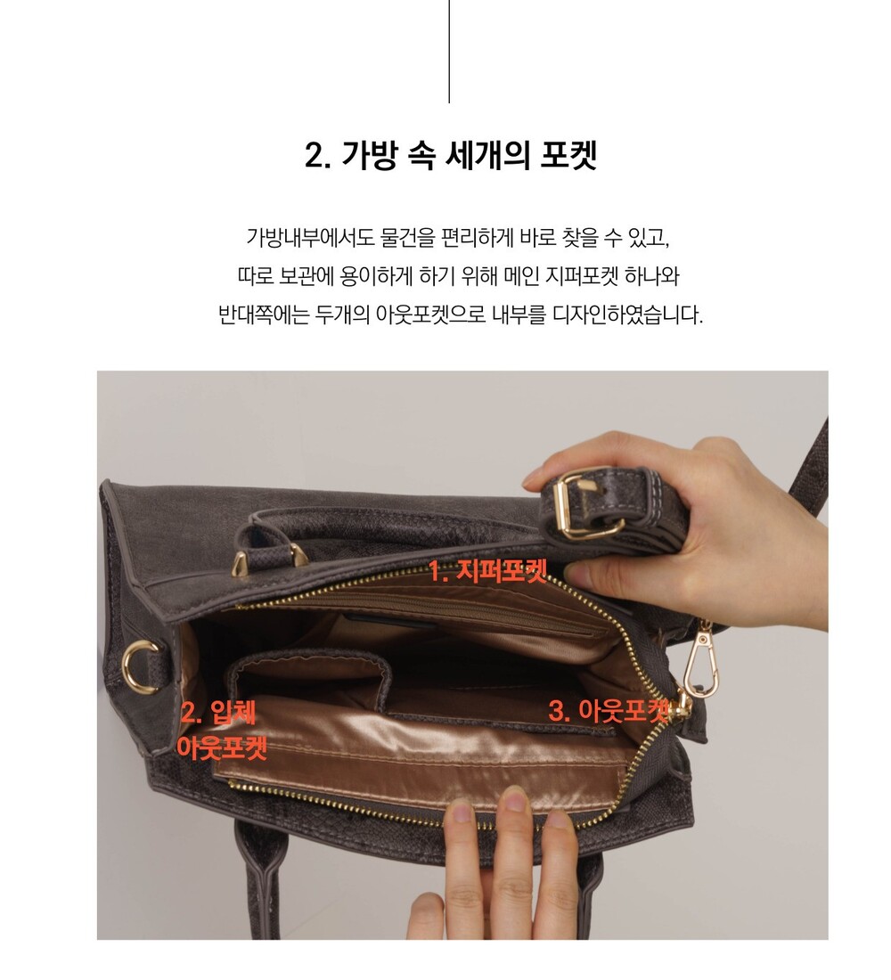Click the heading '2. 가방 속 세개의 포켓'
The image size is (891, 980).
pos(450,155)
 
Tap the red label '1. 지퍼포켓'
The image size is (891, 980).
pos(487,571)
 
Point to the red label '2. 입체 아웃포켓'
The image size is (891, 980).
pos(223,730)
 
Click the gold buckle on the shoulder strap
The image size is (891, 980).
pos(588,506)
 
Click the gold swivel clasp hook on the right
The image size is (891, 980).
pos(700,661)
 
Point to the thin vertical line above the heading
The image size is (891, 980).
pos(449,52)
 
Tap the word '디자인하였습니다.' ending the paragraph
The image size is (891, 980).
pos(628,314)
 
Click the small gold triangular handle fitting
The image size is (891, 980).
pos(242,565)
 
